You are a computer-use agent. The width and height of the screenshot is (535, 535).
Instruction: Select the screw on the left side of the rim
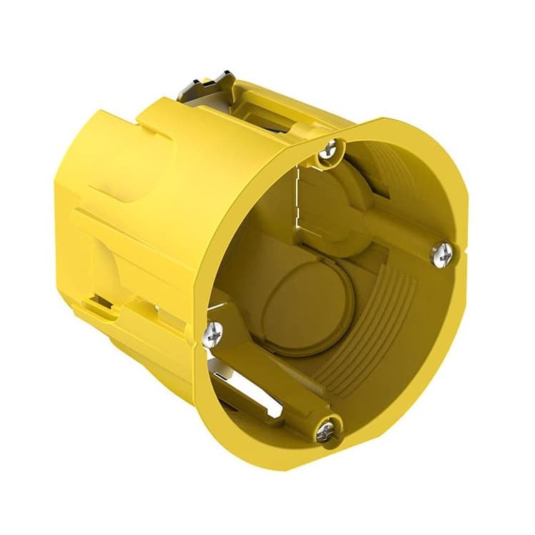tap(213, 330)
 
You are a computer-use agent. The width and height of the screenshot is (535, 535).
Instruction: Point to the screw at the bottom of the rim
tap(326, 428)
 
